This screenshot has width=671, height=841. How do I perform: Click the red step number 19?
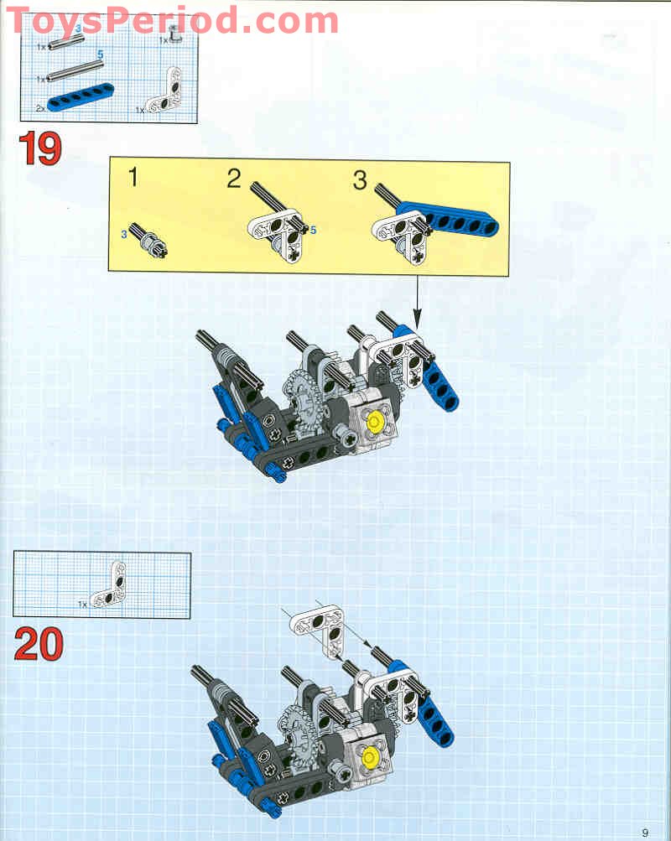pos(39,149)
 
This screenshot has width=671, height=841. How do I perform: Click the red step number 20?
pos(39,644)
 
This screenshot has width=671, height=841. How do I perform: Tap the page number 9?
pos(645,832)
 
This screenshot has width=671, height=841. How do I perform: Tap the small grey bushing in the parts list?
pos(174,34)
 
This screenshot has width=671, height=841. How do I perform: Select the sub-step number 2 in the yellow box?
pos(233,179)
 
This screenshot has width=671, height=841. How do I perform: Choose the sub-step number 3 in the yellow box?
pos(360,179)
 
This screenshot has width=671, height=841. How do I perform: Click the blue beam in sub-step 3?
pos(453,220)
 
